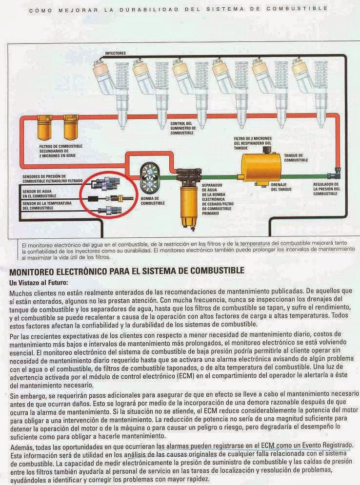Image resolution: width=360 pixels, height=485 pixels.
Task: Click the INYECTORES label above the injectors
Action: (x=115, y=53)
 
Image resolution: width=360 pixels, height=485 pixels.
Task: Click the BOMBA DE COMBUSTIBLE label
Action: (x=150, y=200)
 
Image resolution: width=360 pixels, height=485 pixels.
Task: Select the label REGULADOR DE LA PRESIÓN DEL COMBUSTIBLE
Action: (x=325, y=188)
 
